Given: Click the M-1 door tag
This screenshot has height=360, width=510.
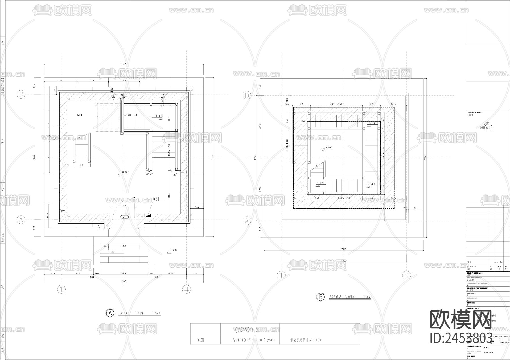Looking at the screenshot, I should pyautogui.click(x=125, y=217).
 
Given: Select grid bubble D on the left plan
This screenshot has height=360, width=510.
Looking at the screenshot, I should pyautogui.click(x=21, y=95).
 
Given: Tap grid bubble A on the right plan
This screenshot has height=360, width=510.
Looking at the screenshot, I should pyautogui.click(x=247, y=221).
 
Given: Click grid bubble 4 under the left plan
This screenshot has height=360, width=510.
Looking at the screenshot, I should pyautogui.click(x=186, y=289).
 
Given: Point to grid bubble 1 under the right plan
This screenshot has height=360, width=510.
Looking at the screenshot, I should pyautogui.click(x=281, y=275).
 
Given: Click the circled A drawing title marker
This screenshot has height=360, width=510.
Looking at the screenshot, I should pyautogui.click(x=110, y=313).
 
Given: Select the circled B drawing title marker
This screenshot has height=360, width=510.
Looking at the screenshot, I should pyautogui.click(x=320, y=297).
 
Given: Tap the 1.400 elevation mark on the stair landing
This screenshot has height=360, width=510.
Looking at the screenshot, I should pyautogui.click(x=159, y=116).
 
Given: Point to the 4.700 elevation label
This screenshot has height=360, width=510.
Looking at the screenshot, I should pyautogui.click(x=371, y=184).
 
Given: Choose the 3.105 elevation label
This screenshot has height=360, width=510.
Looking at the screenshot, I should pyautogui.click(x=372, y=123).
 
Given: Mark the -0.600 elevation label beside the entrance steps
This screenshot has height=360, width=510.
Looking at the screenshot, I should pyautogui.click(x=172, y=250).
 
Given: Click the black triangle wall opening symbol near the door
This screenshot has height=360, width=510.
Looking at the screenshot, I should pyautogui.click(x=148, y=215).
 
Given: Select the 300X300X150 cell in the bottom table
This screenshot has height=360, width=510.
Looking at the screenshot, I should pyautogui.click(x=253, y=340).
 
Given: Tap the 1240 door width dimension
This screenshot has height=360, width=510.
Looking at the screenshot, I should pyautogui.click(x=124, y=206).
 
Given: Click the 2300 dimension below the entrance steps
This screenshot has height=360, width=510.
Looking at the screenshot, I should pyautogui.click(x=124, y=274).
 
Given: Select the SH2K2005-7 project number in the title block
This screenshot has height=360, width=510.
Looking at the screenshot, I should pyautogui.click(x=489, y=353).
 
